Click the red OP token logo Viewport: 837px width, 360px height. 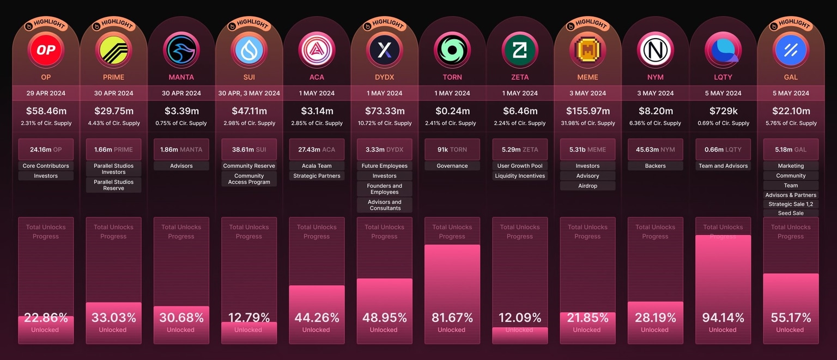coord(46,50)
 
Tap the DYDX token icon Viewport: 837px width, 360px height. coord(384,50)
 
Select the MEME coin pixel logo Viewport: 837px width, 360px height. coord(587,50)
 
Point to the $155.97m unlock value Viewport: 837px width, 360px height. coord(587,111)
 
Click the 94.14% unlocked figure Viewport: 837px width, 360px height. coord(723,318)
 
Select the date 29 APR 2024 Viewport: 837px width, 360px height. coord(46,93)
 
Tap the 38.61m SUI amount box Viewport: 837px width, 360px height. coord(249,149)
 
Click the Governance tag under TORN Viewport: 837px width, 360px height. coord(452,166)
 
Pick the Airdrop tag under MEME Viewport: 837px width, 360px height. coord(587,186)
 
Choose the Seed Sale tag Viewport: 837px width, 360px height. coord(791,213)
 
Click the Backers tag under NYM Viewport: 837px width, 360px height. coord(655,166)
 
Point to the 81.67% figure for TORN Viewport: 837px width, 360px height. coord(452,318)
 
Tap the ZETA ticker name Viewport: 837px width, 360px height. coord(520,77)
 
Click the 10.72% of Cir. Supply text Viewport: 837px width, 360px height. coord(384,123)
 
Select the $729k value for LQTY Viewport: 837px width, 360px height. coord(723,111)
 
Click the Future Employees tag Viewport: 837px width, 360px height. coord(384,166)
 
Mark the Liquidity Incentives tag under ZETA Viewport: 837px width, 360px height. coord(520,176)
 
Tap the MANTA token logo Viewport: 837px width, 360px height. coord(181,50)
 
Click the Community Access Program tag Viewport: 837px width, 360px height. coord(249,179)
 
